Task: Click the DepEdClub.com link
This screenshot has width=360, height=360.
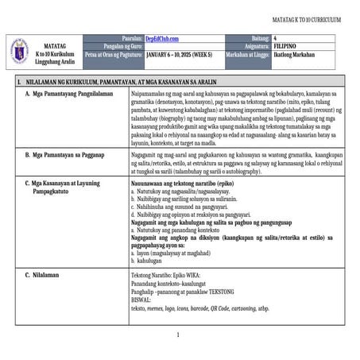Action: coord(162,38)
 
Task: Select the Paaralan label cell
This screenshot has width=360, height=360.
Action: coord(131,38)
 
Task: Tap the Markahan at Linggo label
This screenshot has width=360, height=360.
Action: coord(244,56)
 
